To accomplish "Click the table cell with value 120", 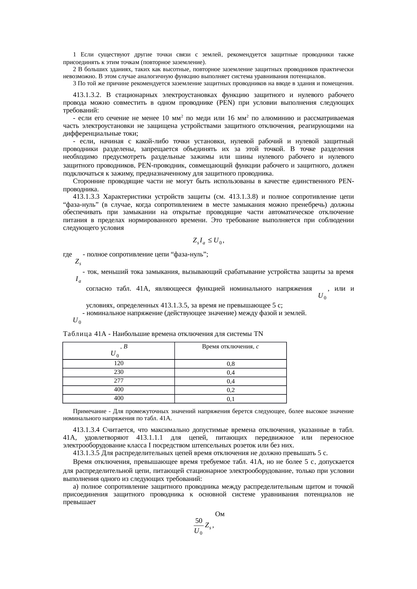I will tap(119, 363).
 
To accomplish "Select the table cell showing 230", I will tap(119, 372).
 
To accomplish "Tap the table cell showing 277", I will tap(119, 381).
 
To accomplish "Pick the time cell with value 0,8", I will tap(230, 364).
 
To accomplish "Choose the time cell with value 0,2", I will tap(230, 390).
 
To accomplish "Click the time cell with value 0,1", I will tap(230, 399).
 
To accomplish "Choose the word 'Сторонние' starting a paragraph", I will tap(87, 182).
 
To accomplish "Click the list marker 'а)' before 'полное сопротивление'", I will tap(76, 487).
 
